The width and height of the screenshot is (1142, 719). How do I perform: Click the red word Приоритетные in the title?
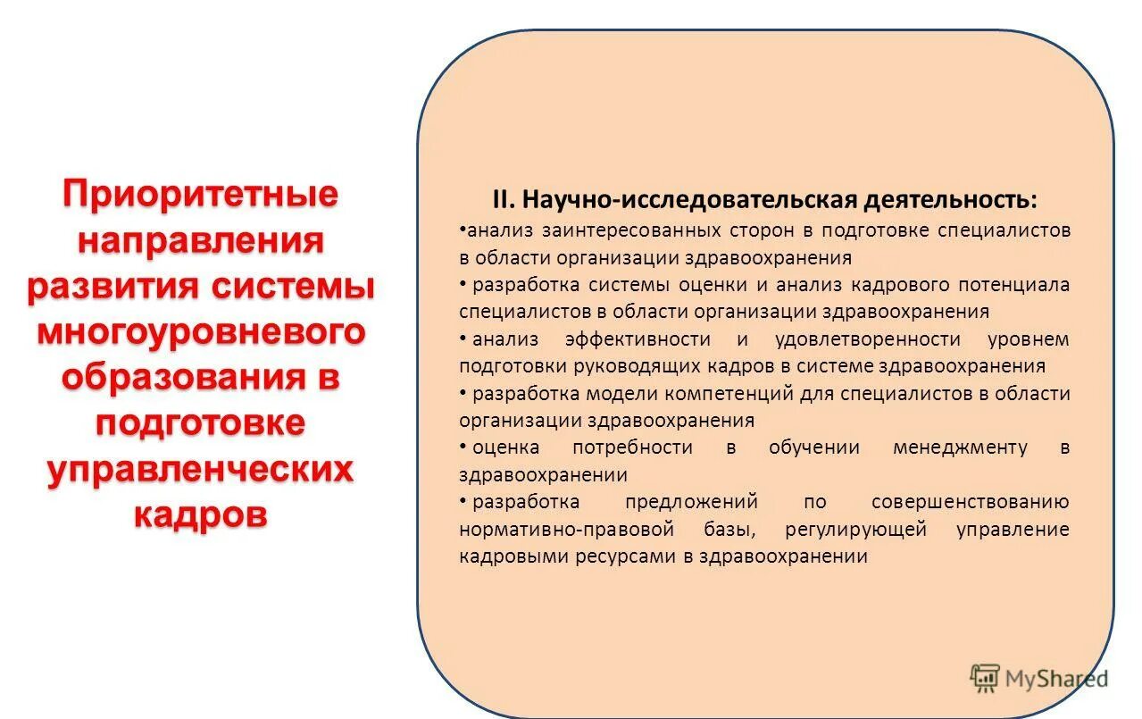(x=200, y=194)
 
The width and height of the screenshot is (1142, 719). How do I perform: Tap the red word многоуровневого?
(x=200, y=331)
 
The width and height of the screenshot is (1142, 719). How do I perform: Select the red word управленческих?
(x=200, y=469)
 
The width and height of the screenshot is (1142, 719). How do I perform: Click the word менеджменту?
(x=960, y=447)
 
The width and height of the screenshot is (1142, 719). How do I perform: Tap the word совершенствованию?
(x=971, y=502)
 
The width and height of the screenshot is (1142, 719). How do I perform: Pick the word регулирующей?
(x=856, y=529)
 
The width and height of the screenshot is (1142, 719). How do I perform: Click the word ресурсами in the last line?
(x=636, y=556)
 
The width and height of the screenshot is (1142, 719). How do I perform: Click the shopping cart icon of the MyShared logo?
(x=985, y=679)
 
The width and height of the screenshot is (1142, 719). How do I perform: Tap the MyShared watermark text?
(x=1056, y=679)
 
